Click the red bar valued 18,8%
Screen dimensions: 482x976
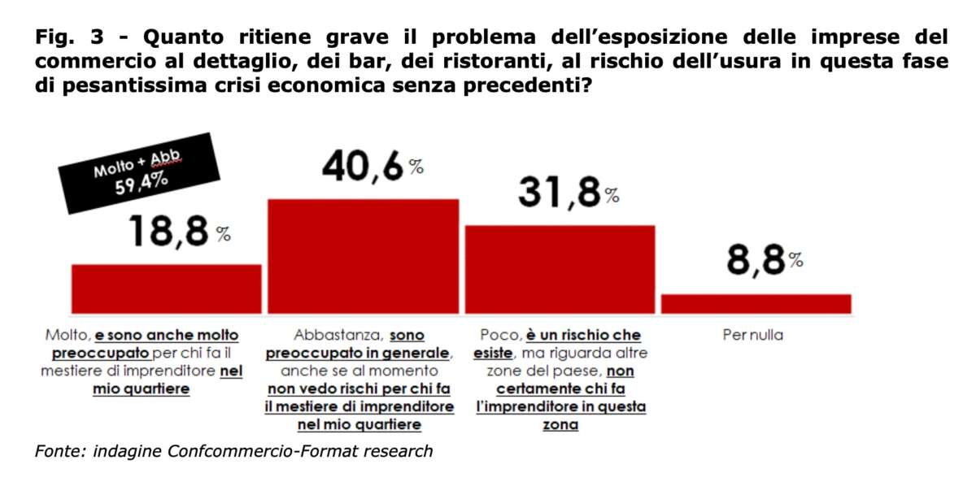click(x=167, y=289)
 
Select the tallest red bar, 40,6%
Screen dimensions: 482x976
click(x=363, y=256)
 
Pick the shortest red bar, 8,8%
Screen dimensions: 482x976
click(x=756, y=303)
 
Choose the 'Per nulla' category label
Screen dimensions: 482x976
click(x=752, y=335)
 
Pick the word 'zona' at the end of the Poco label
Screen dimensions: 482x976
click(x=560, y=425)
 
